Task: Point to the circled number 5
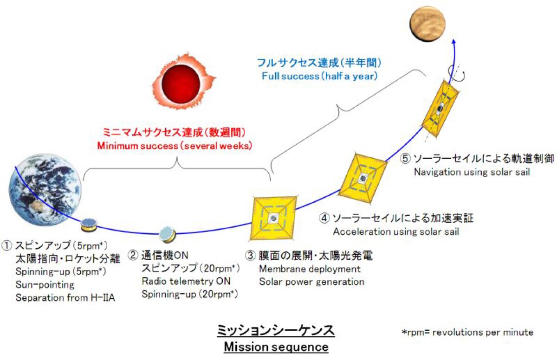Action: pos(405,158)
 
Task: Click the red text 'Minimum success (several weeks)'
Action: pos(175,145)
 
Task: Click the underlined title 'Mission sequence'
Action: pos(276,347)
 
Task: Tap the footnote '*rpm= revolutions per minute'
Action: pos(467,332)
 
